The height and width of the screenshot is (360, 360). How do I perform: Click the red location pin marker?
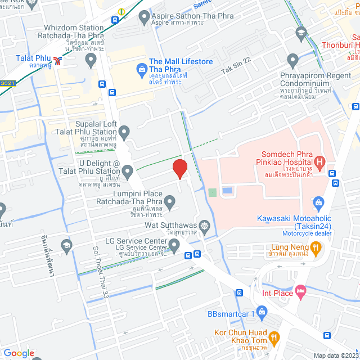(179, 168)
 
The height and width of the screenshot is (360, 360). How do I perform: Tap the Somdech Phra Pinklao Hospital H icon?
(319, 163)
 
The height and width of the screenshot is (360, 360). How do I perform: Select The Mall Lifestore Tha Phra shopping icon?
(141, 70)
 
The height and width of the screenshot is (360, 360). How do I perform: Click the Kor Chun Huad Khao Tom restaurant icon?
(274, 337)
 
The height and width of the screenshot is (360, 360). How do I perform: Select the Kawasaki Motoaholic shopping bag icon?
(318, 201)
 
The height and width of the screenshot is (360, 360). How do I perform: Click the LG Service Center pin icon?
(174, 244)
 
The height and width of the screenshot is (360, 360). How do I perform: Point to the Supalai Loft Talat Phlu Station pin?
(124, 132)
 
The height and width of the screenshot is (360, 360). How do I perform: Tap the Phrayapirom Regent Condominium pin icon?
(292, 59)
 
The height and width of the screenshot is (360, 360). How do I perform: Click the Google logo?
(19, 353)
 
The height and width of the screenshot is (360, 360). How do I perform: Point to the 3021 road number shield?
(8, 83)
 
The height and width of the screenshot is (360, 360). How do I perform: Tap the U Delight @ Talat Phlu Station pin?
(128, 170)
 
